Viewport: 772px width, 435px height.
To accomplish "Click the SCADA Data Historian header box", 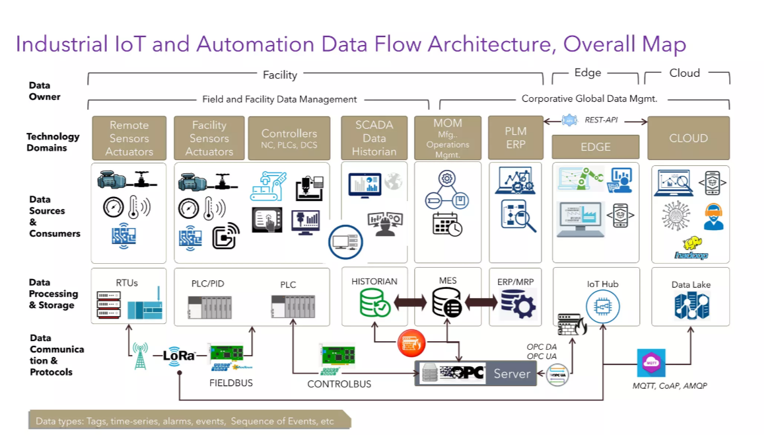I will [x=374, y=138].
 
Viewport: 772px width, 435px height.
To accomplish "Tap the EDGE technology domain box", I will [x=595, y=147].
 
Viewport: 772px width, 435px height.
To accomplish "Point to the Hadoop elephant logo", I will [x=691, y=248].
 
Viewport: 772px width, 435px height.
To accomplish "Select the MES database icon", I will [x=447, y=302].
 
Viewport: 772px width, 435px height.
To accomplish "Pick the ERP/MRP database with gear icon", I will [x=516, y=303].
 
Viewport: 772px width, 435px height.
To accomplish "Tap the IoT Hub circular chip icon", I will [x=602, y=306].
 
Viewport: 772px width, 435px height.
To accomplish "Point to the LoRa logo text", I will [x=178, y=355].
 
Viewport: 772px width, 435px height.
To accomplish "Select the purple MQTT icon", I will [x=651, y=363].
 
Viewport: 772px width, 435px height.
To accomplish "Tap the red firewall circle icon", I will [x=411, y=344].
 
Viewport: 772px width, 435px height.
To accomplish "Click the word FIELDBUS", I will [x=230, y=383].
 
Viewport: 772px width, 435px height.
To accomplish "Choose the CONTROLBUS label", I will [x=339, y=384].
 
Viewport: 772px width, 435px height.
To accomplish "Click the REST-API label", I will [x=599, y=120].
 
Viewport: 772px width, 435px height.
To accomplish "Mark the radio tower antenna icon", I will [x=140, y=355].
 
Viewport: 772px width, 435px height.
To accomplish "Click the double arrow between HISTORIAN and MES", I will [x=410, y=303].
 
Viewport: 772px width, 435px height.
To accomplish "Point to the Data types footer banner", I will [x=189, y=421].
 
